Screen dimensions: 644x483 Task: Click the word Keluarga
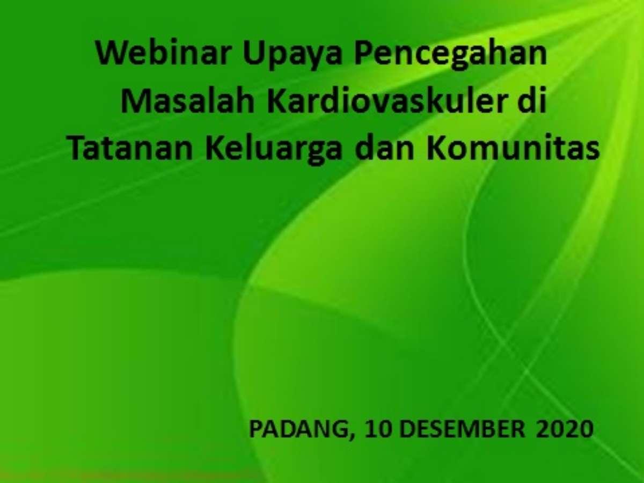click(x=274, y=151)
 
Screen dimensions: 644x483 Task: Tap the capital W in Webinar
click(x=113, y=54)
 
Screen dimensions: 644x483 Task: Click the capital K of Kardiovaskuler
click(x=277, y=102)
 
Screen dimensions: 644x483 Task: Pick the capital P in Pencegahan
click(x=364, y=54)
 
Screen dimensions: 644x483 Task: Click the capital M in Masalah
click(x=136, y=102)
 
